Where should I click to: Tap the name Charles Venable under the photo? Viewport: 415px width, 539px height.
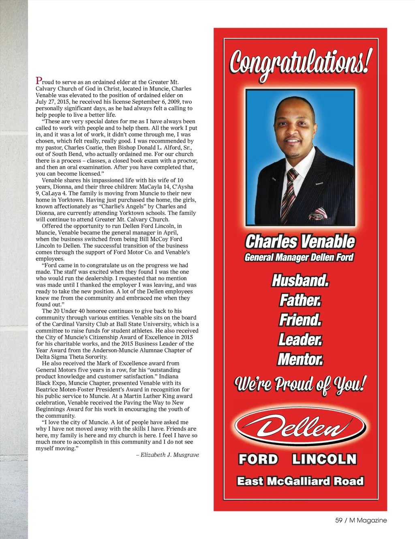click(x=300, y=242)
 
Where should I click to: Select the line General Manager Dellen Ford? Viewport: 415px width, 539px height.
click(x=299, y=258)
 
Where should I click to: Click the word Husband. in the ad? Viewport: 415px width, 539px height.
click(x=300, y=280)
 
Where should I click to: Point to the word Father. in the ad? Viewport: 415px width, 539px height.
click(x=300, y=300)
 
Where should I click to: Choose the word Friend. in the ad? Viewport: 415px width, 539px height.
click(x=300, y=320)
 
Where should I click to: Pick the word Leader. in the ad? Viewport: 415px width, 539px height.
click(x=300, y=339)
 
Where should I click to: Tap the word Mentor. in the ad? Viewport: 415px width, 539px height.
click(x=300, y=359)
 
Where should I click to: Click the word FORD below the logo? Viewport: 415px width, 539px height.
click(x=258, y=459)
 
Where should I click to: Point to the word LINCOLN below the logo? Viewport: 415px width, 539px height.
click(x=324, y=459)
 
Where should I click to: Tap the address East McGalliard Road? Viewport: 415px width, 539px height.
click(x=300, y=481)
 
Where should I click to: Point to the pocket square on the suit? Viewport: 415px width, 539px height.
click(x=318, y=213)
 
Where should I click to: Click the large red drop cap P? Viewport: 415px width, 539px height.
click(x=39, y=81)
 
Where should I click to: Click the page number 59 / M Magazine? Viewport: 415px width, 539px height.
click(x=361, y=520)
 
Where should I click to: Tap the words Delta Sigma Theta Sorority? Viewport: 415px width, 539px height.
click(x=71, y=357)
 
